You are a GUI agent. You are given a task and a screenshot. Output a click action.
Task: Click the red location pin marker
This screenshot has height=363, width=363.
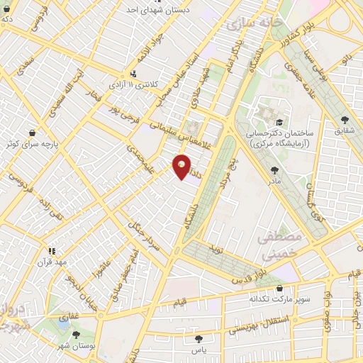pos(182,167)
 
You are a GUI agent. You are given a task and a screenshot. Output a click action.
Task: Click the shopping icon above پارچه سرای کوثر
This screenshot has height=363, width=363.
pos(32,132)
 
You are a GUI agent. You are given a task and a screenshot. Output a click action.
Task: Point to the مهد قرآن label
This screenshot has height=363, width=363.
pos(52,262)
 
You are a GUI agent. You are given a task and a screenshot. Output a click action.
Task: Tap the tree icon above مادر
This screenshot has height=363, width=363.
pos(274,170)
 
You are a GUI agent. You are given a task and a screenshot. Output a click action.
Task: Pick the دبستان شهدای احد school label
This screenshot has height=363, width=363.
pos(157,11)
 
